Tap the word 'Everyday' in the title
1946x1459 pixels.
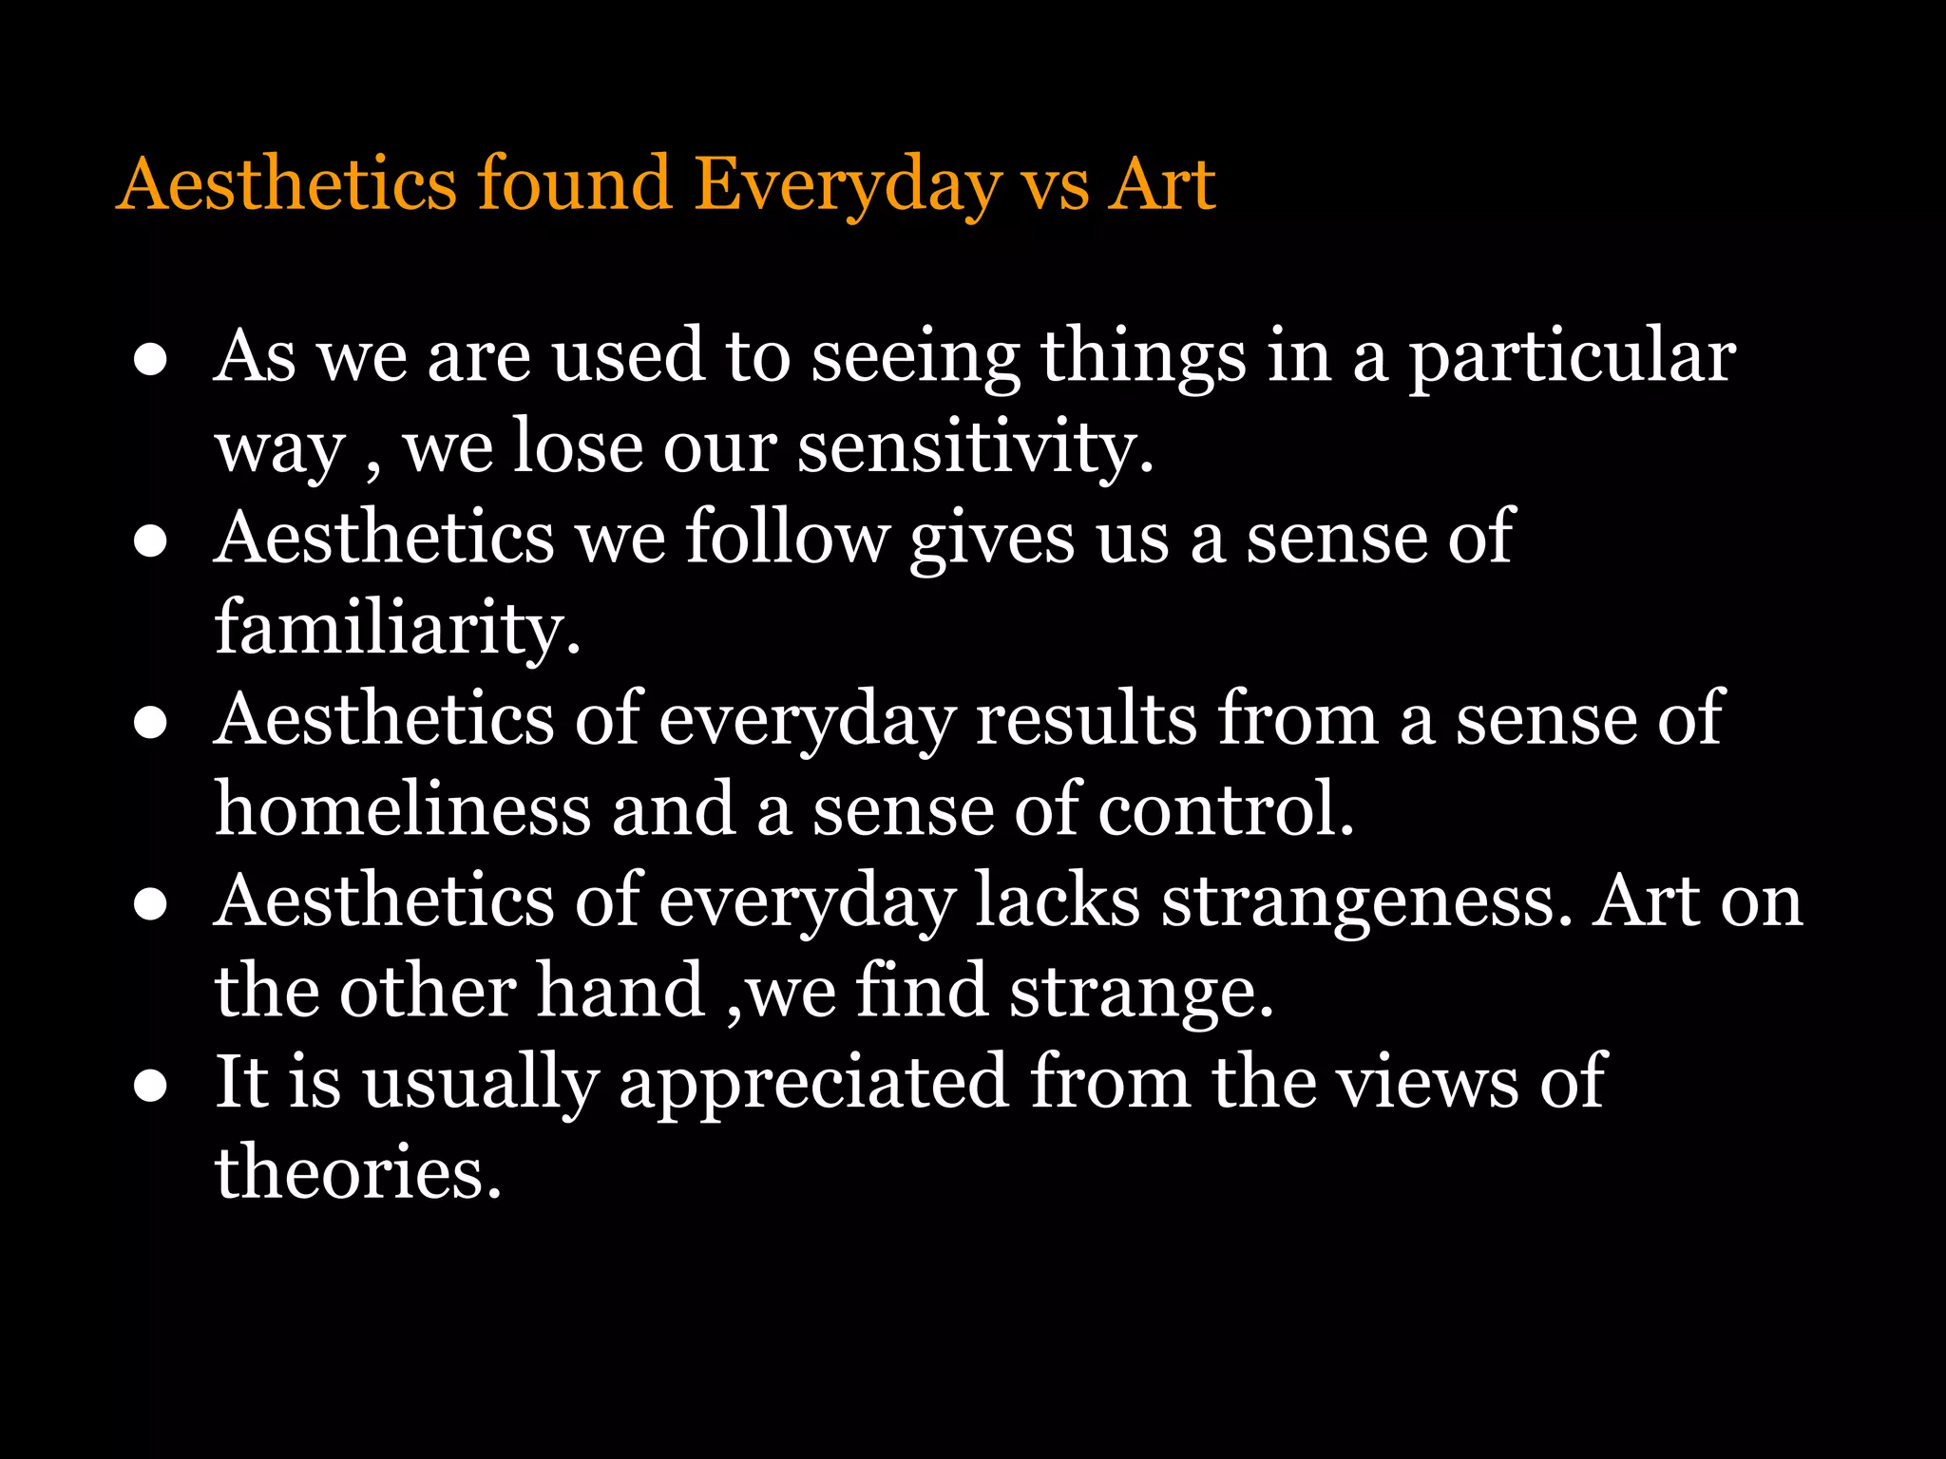tap(848, 186)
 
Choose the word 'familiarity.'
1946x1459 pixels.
tap(397, 629)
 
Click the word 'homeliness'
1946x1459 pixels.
tap(403, 809)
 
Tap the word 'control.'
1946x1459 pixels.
tap(1226, 809)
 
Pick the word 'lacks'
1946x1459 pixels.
tap(1058, 900)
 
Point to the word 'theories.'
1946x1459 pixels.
tap(357, 1172)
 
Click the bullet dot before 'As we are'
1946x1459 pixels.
tap(151, 360)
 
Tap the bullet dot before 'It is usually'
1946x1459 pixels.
tap(151, 1086)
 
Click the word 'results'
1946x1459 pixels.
tap(1086, 720)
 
